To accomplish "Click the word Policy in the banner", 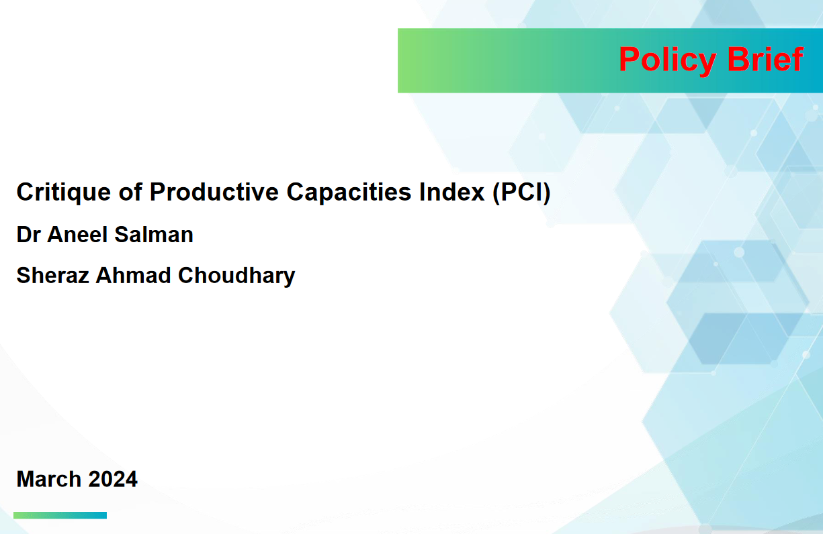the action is (668, 60).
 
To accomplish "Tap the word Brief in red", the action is (765, 58).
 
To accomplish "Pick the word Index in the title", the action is (452, 192).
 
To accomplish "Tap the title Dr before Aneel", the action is (28, 235).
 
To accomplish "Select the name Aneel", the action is (77, 235).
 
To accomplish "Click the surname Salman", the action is (154, 235).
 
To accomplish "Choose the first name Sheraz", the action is (52, 276).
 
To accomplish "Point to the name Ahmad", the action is (134, 276).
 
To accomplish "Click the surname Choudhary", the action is (236, 276).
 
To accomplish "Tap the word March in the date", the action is (49, 479).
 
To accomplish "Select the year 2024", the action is (113, 479).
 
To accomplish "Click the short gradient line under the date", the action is (60, 515).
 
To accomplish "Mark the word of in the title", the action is (130, 192).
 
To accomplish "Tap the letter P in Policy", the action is (630, 59).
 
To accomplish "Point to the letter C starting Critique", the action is (26, 192).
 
